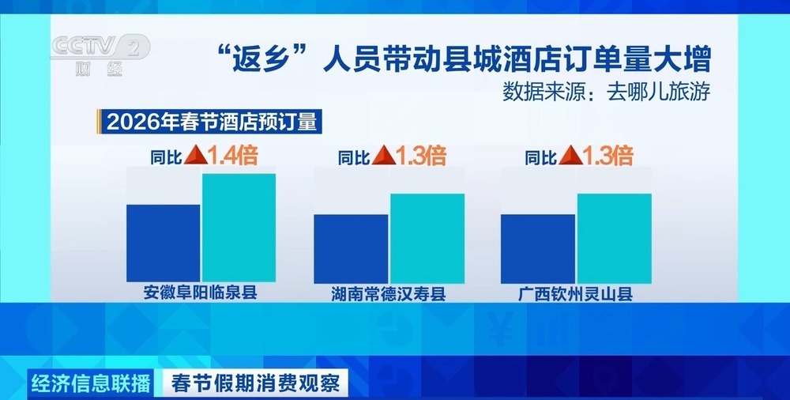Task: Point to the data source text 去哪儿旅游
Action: click(x=607, y=91)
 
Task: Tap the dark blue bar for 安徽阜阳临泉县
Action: click(x=164, y=243)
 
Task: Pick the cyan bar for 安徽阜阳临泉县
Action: click(x=239, y=227)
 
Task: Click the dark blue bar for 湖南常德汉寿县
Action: click(x=351, y=248)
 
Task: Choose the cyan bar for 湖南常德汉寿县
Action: click(x=427, y=238)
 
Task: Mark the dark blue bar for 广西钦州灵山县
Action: click(x=538, y=248)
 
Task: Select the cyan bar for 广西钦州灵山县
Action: click(x=614, y=238)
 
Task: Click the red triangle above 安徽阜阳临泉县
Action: click(x=193, y=156)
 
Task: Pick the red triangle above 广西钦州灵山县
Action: click(x=566, y=156)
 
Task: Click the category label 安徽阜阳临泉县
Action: click(x=201, y=292)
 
